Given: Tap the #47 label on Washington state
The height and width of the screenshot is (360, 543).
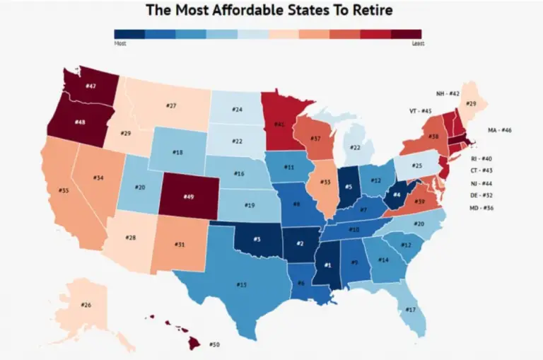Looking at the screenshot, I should coord(90,86).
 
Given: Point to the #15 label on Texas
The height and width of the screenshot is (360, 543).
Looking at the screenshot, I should coord(242,284).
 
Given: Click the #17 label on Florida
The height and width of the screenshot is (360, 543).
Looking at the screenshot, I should coord(411,310).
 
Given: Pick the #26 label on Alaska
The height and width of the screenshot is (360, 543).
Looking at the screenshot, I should coord(86,306).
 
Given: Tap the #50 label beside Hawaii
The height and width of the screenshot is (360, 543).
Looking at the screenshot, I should coord(215,344).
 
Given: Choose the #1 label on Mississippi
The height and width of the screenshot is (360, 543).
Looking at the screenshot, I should coord(327,265).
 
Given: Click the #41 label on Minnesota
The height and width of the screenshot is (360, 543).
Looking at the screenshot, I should coord(281,124).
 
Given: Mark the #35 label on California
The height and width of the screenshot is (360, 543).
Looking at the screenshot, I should coord(64,190).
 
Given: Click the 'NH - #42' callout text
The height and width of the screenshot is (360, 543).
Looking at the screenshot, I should coord(448,93).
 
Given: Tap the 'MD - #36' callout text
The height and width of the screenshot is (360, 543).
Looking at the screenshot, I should coord(485,208).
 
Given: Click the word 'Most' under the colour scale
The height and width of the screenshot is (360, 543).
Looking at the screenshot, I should coord(120,42).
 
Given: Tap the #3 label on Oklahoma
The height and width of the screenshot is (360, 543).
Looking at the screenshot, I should coord(258,240).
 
